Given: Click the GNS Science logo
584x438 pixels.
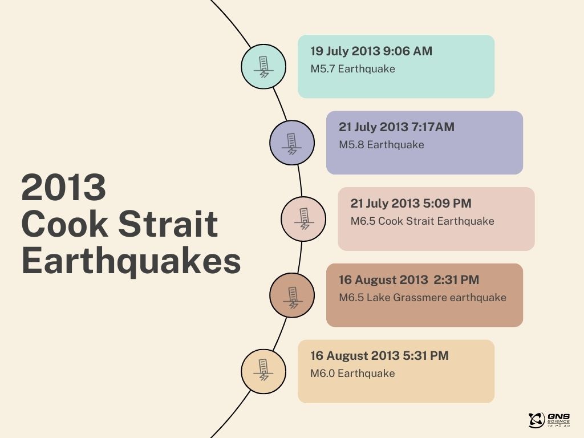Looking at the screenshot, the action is click(549, 420).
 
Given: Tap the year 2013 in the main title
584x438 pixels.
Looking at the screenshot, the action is click(64, 187).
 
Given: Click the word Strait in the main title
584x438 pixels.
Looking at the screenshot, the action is click(168, 224).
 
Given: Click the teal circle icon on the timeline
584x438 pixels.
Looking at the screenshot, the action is click(263, 67).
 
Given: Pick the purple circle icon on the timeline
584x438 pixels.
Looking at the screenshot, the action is click(292, 143).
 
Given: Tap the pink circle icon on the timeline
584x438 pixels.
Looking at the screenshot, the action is click(303, 219).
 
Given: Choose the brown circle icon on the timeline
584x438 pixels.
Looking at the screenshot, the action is click(292, 295).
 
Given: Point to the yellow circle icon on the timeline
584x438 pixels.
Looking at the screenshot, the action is click(263, 371).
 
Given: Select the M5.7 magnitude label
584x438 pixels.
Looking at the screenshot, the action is click(323, 69).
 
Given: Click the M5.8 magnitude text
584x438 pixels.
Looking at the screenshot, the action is click(351, 145).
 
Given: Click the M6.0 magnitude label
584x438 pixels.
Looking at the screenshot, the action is click(323, 374).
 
